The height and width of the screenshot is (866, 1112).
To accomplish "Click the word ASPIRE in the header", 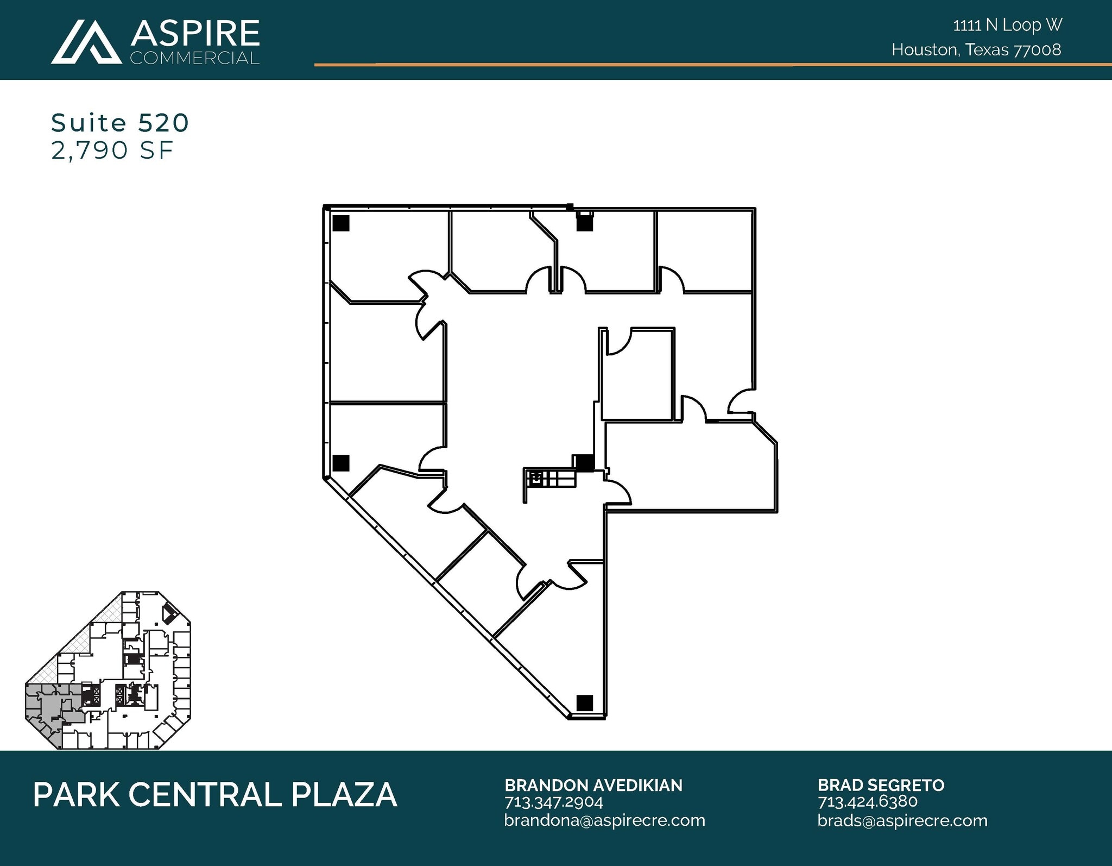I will pos(195,34).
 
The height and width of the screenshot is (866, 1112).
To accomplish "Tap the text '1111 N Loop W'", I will pos(1007,25).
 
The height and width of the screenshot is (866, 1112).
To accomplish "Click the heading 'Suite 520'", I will pos(120,123).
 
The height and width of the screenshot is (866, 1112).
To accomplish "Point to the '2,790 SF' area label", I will pos(112,150).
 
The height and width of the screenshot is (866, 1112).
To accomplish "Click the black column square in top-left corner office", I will pos(341,223).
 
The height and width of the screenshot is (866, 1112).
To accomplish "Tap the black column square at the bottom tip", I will pos(584,702).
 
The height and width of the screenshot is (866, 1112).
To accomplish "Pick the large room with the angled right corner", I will pos(690,467).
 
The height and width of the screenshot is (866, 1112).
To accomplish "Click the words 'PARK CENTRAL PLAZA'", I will pos(215,795).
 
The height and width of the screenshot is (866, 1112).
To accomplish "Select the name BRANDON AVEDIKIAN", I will pos(593,785).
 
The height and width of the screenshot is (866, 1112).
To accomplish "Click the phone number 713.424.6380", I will pos(867,801).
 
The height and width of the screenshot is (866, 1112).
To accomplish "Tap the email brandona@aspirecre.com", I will pos(604,820).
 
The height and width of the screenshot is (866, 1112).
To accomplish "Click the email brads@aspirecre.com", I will pos(902,820).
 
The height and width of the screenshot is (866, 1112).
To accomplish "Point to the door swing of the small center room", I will pos(617,342).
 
